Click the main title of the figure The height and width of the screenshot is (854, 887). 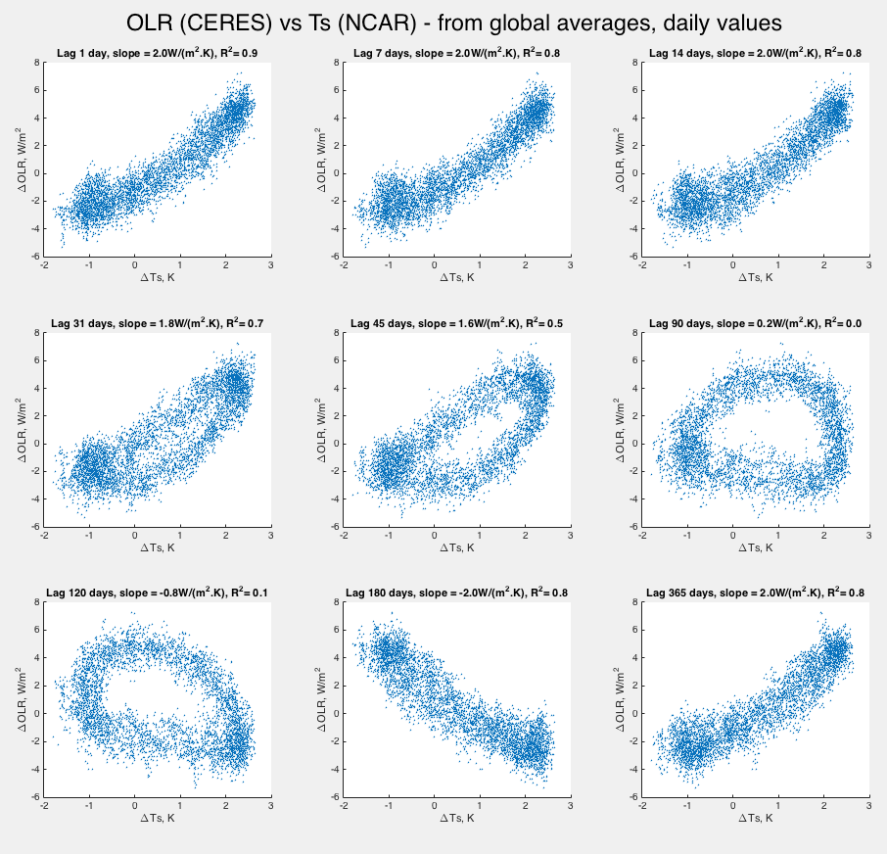(x=443, y=22)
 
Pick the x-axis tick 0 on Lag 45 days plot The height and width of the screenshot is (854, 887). (x=434, y=536)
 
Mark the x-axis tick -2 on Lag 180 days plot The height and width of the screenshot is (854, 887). (x=344, y=805)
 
